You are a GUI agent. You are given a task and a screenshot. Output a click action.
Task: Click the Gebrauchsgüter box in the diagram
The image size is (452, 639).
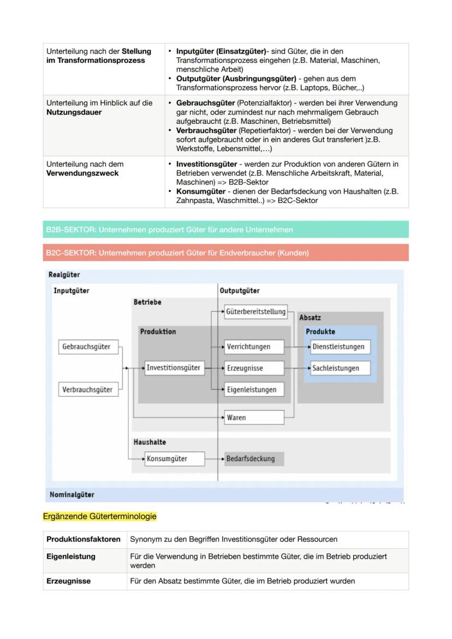click(x=88, y=347)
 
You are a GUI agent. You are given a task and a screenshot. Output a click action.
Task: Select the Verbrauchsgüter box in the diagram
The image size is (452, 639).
click(x=88, y=390)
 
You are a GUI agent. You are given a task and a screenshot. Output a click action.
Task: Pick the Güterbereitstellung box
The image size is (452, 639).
click(x=255, y=312)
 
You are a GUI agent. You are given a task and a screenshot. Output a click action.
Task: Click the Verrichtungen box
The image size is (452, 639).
click(x=254, y=347)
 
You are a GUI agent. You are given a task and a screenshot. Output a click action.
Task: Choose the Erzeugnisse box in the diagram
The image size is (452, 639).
click(x=254, y=368)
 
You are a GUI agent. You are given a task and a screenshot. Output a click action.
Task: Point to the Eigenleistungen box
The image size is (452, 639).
click(x=254, y=390)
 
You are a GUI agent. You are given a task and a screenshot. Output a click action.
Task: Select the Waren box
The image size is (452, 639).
click(x=254, y=418)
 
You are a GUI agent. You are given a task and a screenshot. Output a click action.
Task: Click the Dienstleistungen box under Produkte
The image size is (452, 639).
click(x=340, y=347)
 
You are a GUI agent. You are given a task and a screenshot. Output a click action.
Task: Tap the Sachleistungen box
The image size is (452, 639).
click(x=340, y=368)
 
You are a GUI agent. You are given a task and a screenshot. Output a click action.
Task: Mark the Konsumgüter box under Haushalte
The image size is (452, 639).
click(x=175, y=459)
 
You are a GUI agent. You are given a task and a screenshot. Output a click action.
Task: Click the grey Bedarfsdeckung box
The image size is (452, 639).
click(x=254, y=459)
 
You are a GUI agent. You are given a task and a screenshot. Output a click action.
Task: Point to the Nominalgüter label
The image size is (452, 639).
click(x=72, y=495)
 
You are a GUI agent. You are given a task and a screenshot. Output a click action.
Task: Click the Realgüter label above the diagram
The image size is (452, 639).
click(x=64, y=275)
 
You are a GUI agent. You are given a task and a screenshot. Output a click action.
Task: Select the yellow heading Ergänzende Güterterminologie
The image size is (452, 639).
click(x=99, y=516)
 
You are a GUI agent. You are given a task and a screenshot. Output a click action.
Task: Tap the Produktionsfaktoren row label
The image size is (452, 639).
click(x=84, y=539)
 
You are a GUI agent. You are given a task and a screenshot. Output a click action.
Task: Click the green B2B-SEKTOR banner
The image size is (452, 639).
click(x=225, y=230)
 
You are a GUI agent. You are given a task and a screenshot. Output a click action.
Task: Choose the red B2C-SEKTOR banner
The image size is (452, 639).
click(x=225, y=253)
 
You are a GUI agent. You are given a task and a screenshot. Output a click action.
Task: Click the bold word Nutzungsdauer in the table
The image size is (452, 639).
click(x=74, y=112)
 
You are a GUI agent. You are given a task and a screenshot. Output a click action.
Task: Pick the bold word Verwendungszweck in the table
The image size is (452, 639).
click(x=82, y=174)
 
